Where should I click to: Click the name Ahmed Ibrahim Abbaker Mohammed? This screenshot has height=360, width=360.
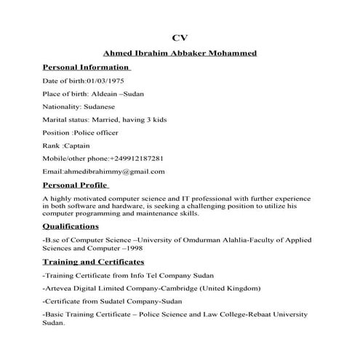(x=180, y=52)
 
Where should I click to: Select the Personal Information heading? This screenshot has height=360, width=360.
(x=85, y=67)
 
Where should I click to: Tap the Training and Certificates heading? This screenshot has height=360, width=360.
(x=92, y=261)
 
